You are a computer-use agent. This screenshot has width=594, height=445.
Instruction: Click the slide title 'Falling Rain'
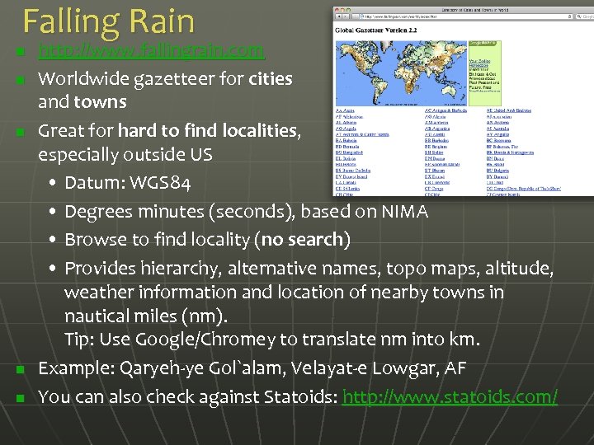[109, 21]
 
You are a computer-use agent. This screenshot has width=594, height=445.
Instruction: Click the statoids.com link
[450, 396]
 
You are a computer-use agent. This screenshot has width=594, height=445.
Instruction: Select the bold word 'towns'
[101, 102]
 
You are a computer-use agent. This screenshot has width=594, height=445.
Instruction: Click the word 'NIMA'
[404, 212]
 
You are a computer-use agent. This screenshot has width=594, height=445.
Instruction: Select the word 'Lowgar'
[400, 368]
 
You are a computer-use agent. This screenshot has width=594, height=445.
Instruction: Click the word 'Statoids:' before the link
[300, 396]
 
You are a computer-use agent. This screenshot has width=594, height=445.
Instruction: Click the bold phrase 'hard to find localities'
[206, 130]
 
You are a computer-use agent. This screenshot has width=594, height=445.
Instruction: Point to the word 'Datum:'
[92, 182]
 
